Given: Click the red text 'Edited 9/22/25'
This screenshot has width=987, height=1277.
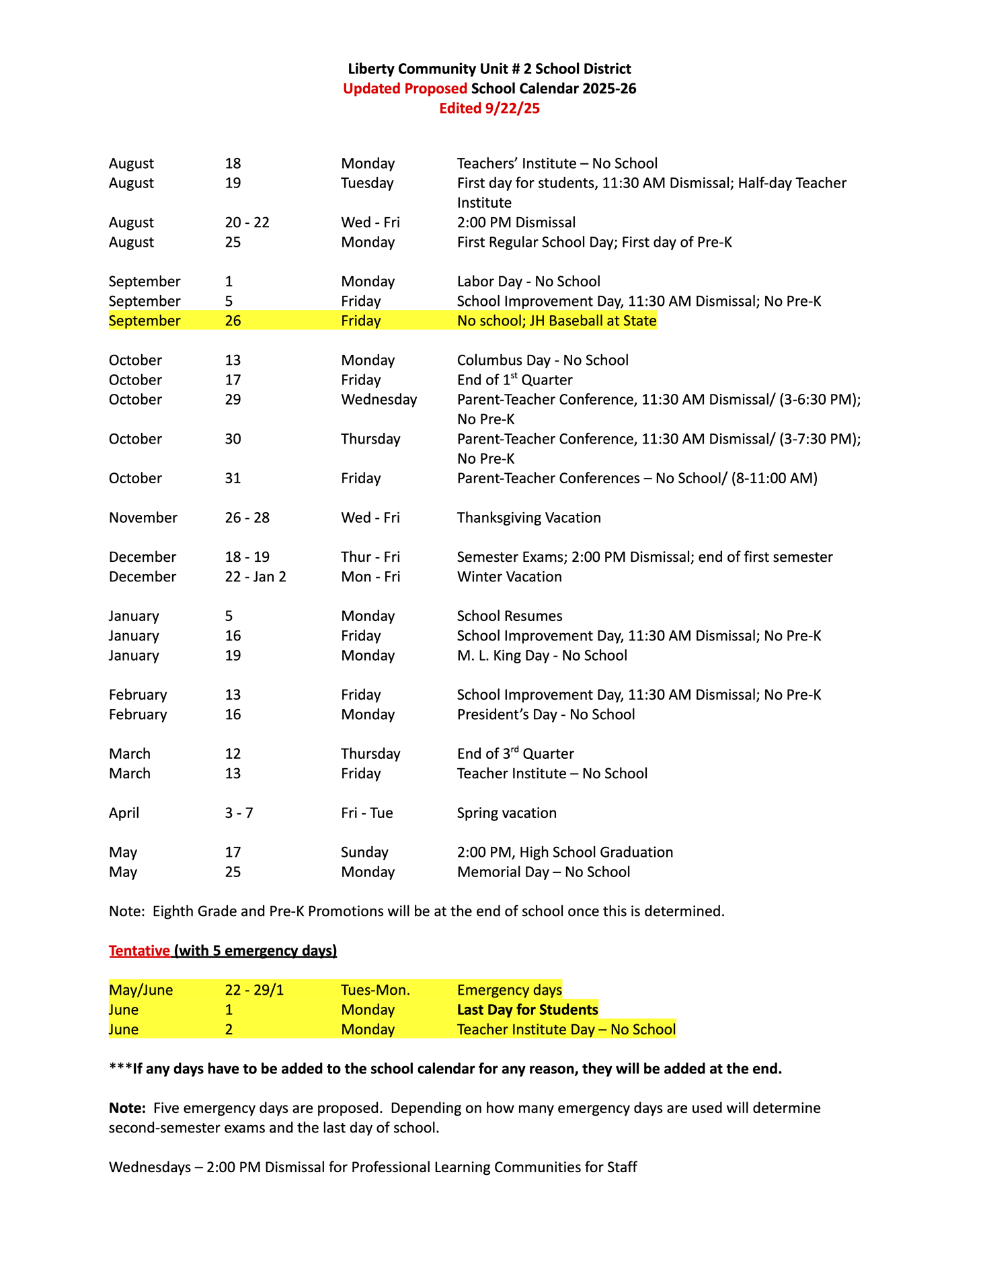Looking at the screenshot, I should click(x=489, y=108).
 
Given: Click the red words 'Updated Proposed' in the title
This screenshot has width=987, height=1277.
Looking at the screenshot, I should click(x=405, y=89).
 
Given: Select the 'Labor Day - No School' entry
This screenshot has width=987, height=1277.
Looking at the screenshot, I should click(x=528, y=282).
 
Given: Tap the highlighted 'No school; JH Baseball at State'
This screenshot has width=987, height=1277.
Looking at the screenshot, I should click(x=556, y=321).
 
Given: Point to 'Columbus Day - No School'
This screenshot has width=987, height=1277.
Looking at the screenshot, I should click(x=543, y=360).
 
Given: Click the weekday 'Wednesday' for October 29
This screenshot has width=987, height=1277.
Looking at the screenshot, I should click(x=379, y=400).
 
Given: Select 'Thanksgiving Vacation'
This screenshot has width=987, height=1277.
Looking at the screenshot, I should click(x=528, y=518).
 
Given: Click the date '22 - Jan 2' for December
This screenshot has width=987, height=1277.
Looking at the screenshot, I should click(x=255, y=577).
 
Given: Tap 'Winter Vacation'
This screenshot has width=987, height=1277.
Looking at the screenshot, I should click(x=509, y=577).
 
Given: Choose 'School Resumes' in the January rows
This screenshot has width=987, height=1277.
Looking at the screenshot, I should click(x=509, y=616).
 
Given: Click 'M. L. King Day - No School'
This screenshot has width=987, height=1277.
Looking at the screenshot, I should click(x=542, y=656).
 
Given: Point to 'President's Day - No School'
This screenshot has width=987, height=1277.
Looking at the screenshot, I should click(x=545, y=714).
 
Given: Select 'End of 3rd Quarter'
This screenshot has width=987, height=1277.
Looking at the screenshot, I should click(x=515, y=754).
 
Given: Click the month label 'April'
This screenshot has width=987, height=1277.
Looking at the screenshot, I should click(x=124, y=813).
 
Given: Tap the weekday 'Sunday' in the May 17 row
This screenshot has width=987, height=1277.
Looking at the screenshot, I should click(x=364, y=853).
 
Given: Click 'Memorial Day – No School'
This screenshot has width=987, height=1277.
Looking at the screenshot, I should click(x=543, y=872).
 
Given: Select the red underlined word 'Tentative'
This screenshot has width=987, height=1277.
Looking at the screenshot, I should click(x=139, y=951).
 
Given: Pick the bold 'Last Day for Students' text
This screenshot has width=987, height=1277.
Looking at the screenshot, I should click(x=527, y=1010).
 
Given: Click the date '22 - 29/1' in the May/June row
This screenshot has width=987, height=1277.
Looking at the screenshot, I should click(x=254, y=991).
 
